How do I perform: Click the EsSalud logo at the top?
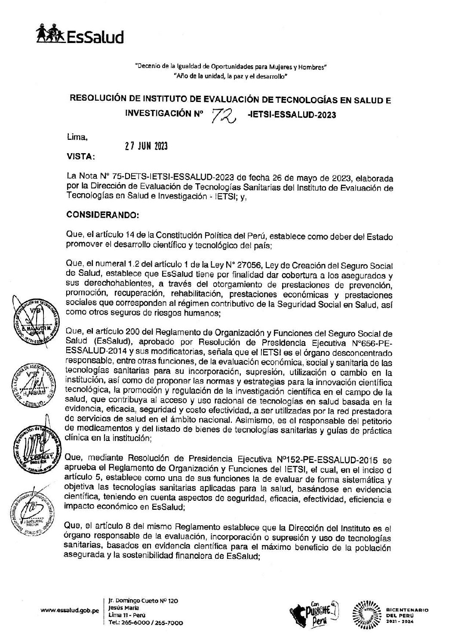coord(80,35)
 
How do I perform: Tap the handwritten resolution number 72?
coord(225,114)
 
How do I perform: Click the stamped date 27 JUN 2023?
coord(145,146)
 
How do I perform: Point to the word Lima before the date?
coord(77,138)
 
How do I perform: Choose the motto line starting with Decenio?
coord(231,67)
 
